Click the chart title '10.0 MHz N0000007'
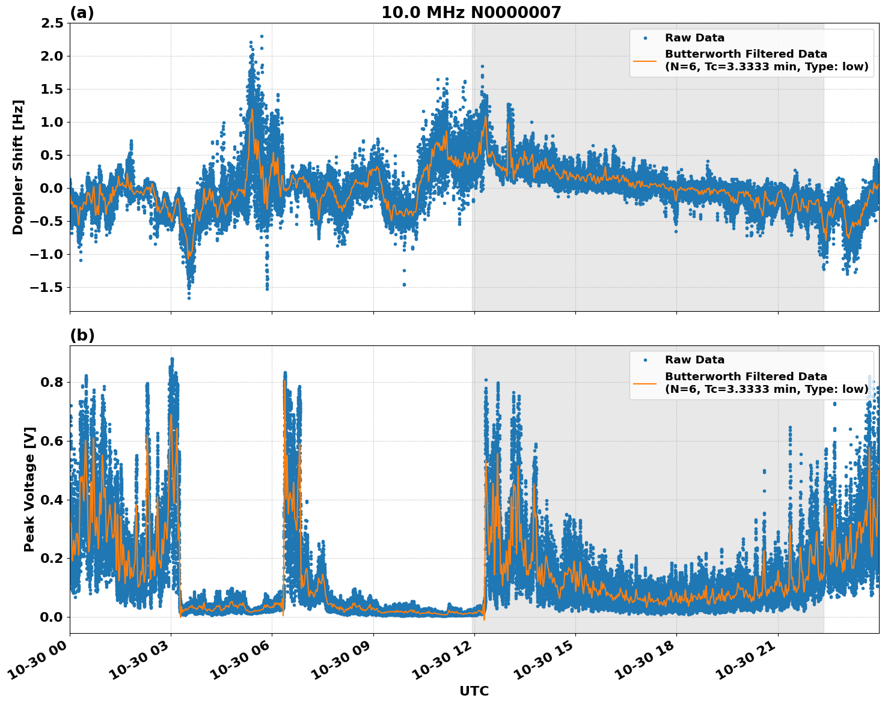pyautogui.click(x=471, y=13)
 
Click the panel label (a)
pyautogui.click(x=82, y=13)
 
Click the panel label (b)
pyautogui.click(x=82, y=335)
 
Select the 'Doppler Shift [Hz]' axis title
pyautogui.click(x=18, y=167)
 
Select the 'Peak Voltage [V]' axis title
pyautogui.click(x=29, y=489)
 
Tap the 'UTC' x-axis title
pyautogui.click(x=474, y=691)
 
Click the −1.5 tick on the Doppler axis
pyautogui.click(x=46, y=288)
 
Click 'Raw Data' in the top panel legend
pyautogui.click(x=694, y=38)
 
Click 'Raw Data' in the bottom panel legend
pyautogui.click(x=694, y=360)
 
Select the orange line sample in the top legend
pyautogui.click(x=645, y=60)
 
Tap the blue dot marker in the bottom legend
pyautogui.click(x=645, y=360)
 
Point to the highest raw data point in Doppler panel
pyautogui.click(x=262, y=36)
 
